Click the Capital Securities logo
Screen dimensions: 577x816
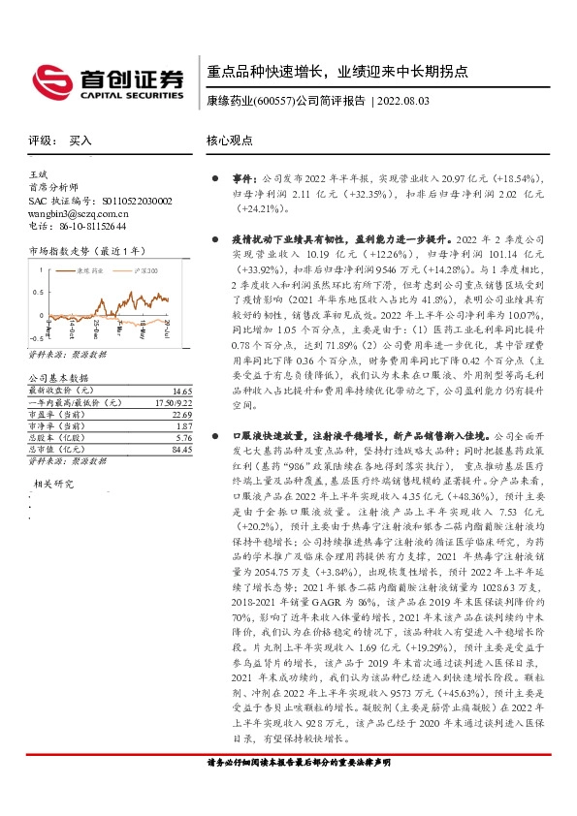coord(107,78)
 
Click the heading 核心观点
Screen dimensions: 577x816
coord(229,141)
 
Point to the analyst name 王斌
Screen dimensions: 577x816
coord(40,172)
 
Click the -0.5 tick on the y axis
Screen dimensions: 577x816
coord(35,338)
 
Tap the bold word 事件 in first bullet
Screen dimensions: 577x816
coord(241,180)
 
